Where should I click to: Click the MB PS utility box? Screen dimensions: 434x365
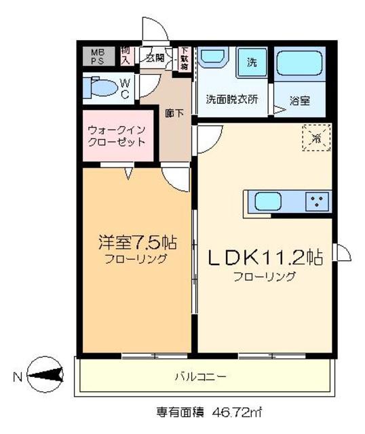(98, 56)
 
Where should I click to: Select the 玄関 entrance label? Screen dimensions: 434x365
(154, 57)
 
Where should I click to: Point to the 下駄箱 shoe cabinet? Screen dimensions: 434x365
(184, 58)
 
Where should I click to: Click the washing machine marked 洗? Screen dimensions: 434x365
(252, 63)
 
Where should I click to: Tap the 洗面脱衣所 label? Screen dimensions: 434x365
(232, 99)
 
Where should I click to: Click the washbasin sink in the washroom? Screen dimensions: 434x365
(215, 58)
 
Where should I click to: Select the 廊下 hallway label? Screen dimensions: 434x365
(174, 113)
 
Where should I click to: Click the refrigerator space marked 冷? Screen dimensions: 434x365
(315, 138)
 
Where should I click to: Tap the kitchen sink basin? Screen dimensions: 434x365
(267, 201)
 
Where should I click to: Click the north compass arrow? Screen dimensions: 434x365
(43, 373)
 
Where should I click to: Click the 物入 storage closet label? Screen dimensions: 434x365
(126, 56)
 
